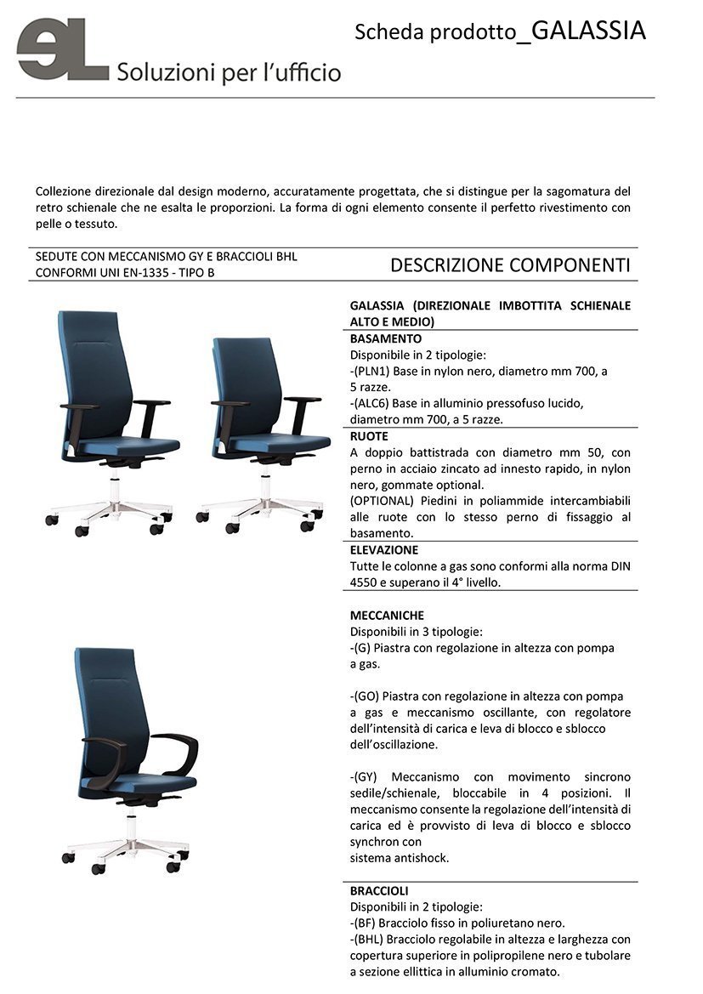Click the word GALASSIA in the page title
pos(583,31)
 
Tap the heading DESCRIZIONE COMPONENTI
pos(509,265)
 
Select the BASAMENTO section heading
pos(385,338)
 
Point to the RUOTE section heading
pos(369,436)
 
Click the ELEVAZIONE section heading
pos(384,550)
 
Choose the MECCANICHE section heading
pos(387,615)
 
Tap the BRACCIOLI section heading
pos(379,890)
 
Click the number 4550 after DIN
pos(365,583)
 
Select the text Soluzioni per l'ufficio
pos(229,72)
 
